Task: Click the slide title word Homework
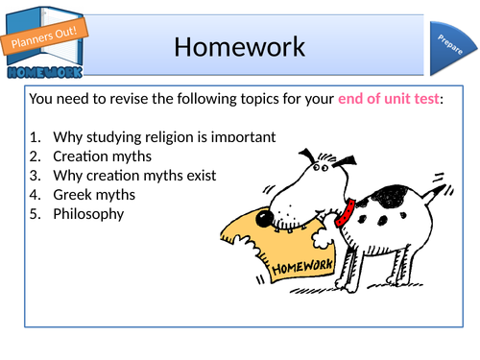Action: click(240, 46)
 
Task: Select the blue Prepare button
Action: click(447, 46)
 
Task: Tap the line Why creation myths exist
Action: click(135, 176)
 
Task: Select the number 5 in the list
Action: click(34, 214)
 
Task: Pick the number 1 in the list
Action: click(34, 137)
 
